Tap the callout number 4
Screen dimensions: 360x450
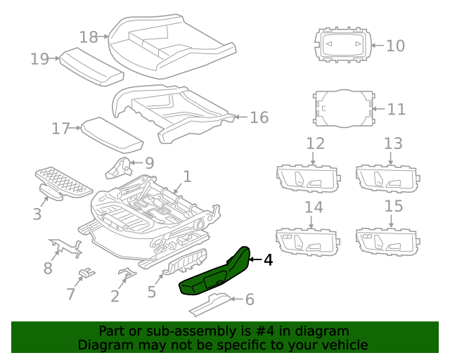point(267,260)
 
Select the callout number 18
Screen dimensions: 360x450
point(88,36)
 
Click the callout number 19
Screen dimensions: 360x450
point(39,59)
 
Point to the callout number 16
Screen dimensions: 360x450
point(259,117)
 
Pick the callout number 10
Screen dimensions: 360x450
point(395,46)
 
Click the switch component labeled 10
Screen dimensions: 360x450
point(340,46)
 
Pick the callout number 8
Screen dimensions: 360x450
point(48,268)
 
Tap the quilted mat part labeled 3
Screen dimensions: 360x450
point(63,180)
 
